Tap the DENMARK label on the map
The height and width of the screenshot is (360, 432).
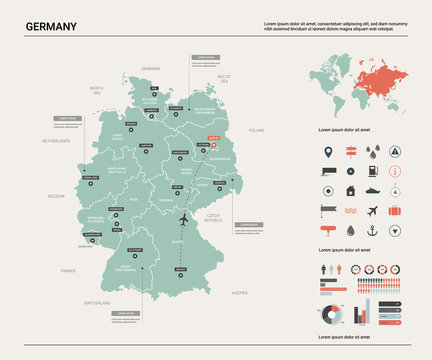coord(151,68)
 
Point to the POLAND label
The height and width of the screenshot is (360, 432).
coord(257,130)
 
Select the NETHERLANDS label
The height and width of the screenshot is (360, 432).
coord(56,141)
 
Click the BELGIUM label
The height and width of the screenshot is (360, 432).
coord(55,196)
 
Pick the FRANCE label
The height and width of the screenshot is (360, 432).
coord(68,270)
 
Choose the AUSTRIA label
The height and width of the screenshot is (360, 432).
coord(239,292)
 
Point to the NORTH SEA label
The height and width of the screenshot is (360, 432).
coord(97,91)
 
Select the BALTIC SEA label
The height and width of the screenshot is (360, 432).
coord(225,78)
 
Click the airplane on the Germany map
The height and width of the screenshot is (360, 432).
coord(184,219)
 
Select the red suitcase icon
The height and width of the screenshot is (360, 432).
coord(395,211)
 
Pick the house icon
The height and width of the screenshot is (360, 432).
coord(350,191)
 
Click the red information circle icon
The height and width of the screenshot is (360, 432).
coord(395,171)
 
